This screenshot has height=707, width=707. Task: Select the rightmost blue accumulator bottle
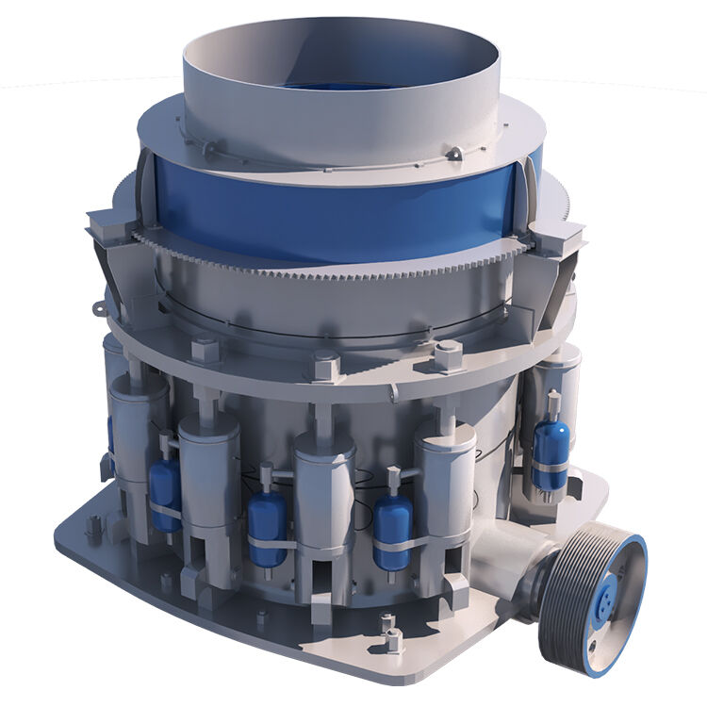pyautogui.click(x=549, y=452)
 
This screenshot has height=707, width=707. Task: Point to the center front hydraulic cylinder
pyautogui.click(x=324, y=490)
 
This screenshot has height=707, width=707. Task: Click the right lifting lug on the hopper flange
pyautogui.click(x=455, y=154)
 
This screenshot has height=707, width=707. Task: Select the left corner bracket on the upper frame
pyautogui.click(x=107, y=226)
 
